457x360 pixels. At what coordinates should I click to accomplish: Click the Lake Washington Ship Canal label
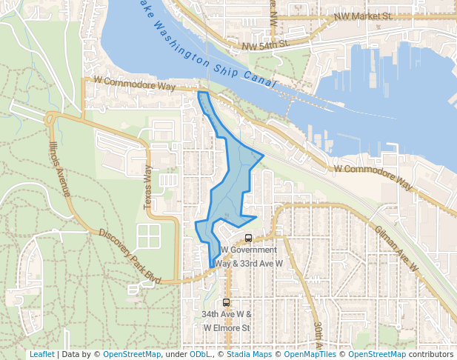click(212, 46)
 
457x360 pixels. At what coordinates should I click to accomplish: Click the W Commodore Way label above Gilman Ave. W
click(384, 174)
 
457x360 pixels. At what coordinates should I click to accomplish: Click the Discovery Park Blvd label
click(130, 255)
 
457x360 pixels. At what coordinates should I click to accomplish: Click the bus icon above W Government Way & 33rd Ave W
click(248, 239)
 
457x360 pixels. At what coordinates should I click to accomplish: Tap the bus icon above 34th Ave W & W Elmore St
click(227, 302)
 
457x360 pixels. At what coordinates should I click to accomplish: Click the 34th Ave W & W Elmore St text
click(227, 320)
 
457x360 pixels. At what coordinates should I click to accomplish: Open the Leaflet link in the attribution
click(42, 354)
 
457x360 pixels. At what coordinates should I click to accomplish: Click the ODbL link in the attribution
click(199, 354)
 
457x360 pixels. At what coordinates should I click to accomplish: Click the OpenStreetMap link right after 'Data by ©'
click(131, 354)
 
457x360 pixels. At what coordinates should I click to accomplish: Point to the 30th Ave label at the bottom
click(316, 337)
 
